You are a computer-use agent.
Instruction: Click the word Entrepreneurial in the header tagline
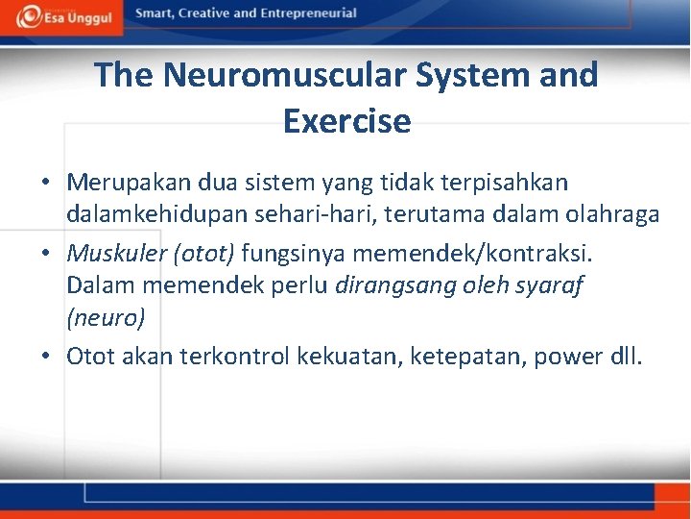[304, 14]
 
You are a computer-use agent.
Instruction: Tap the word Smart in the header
[155, 14]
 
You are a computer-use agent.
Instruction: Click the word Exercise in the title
[346, 121]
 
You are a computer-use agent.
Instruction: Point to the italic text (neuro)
[106, 316]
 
